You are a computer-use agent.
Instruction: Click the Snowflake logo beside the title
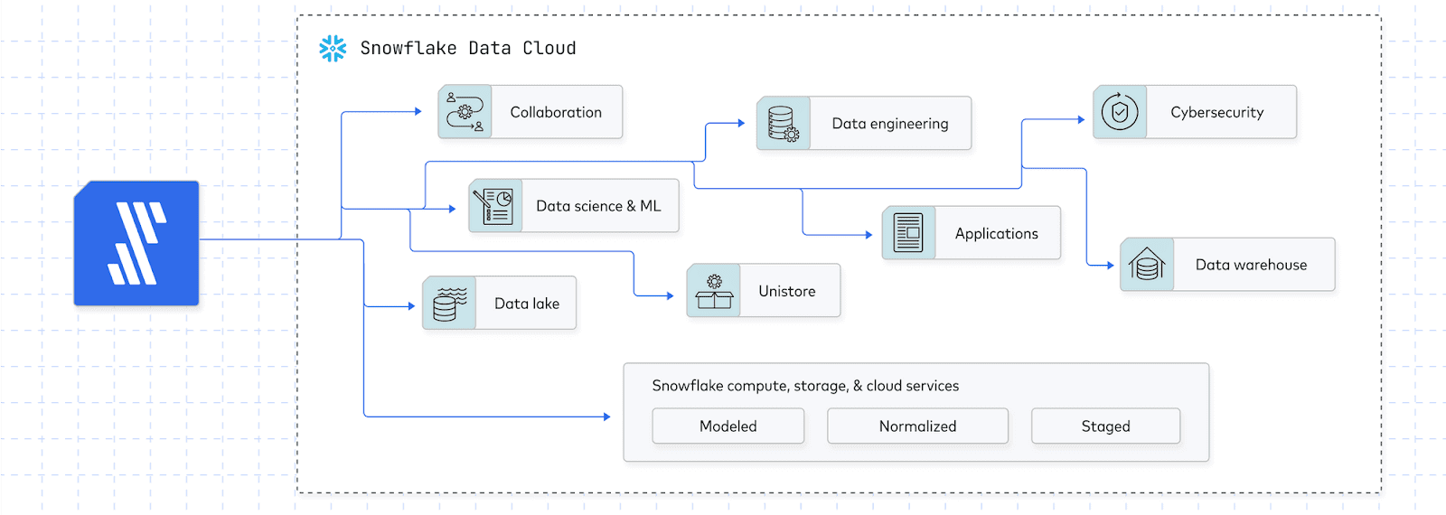click(333, 49)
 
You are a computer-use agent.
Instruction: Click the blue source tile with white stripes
click(136, 243)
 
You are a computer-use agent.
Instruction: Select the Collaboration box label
click(556, 112)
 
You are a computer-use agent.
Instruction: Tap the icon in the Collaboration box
click(465, 112)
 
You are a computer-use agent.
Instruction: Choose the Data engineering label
click(890, 124)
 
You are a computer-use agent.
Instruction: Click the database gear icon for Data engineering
click(783, 124)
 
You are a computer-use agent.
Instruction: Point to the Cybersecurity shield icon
click(1120, 112)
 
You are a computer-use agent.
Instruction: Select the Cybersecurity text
click(1216, 112)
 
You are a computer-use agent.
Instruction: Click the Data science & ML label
click(598, 206)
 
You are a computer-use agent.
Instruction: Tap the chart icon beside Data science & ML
click(495, 206)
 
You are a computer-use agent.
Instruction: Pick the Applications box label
click(996, 233)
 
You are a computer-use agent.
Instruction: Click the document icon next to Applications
click(908, 233)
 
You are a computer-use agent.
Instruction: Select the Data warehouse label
click(1251, 265)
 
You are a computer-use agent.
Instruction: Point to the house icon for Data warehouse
click(1147, 265)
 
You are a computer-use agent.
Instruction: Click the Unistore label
click(786, 291)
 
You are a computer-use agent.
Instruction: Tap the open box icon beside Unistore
click(714, 291)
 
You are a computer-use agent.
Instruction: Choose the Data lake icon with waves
click(449, 304)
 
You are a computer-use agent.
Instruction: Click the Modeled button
click(728, 426)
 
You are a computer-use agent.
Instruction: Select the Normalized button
click(917, 426)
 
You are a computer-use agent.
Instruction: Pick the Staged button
click(1105, 426)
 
